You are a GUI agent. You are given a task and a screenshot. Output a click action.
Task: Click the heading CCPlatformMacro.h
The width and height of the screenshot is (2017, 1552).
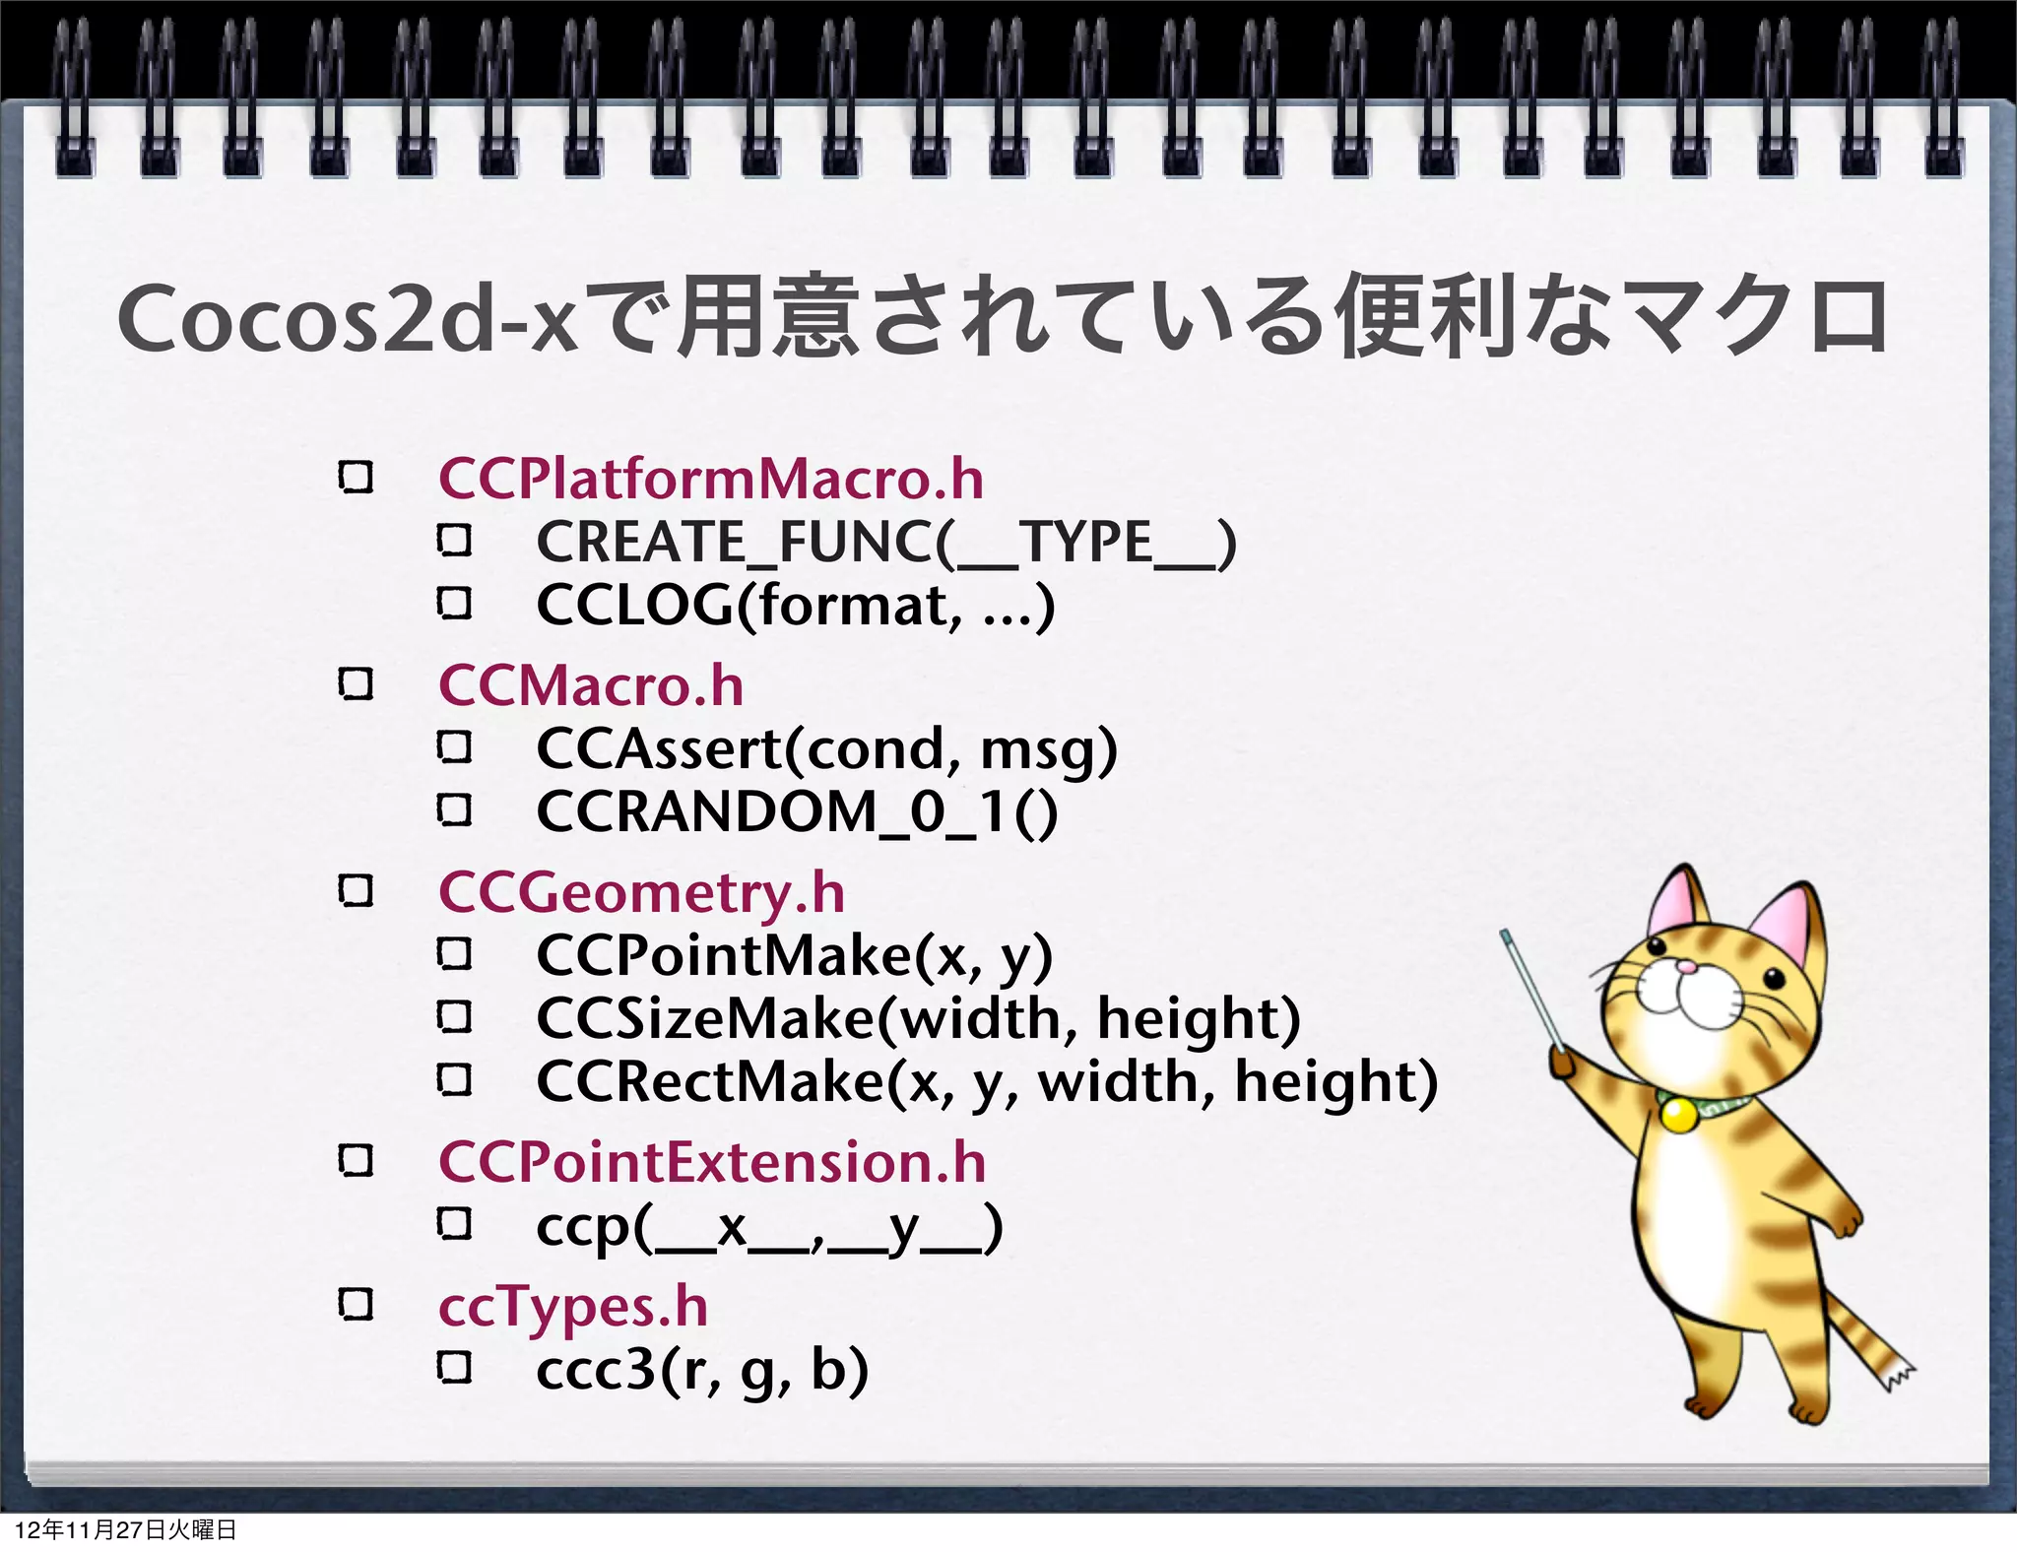click(x=710, y=479)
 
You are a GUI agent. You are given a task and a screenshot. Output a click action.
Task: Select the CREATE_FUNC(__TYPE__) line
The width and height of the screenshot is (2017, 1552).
click(x=885, y=543)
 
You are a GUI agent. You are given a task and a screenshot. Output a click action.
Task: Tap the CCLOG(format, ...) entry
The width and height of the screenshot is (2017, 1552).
click(x=795, y=605)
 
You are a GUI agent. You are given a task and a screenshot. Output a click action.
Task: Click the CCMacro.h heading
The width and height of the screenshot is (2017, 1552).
click(x=591, y=685)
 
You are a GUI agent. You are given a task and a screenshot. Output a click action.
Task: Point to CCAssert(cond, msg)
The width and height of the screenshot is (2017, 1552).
click(x=826, y=749)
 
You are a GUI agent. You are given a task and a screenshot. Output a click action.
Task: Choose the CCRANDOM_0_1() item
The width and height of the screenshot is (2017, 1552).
click(x=797, y=812)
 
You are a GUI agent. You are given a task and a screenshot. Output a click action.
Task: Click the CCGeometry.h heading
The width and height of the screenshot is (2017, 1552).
click(x=641, y=893)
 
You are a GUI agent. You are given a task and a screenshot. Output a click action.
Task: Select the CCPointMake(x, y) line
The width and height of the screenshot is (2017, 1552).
click(x=794, y=956)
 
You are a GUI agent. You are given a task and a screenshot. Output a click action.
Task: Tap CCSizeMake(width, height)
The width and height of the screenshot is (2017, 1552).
click(x=918, y=1018)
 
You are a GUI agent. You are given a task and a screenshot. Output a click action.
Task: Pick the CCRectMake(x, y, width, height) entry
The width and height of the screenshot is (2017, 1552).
click(x=987, y=1081)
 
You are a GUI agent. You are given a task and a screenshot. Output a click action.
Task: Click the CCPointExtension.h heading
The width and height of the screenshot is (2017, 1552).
click(x=712, y=1162)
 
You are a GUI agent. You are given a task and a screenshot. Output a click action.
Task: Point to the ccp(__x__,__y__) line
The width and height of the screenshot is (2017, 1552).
click(x=769, y=1227)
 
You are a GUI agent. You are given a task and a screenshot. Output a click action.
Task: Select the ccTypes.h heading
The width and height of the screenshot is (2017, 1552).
click(x=573, y=1307)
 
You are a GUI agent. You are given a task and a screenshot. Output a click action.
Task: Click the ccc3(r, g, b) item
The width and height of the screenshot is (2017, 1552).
click(x=702, y=1370)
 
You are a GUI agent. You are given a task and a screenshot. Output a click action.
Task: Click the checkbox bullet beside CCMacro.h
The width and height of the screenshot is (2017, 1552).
click(x=356, y=683)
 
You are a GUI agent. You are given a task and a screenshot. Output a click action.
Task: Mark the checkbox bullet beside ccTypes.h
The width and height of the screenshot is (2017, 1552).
click(x=356, y=1305)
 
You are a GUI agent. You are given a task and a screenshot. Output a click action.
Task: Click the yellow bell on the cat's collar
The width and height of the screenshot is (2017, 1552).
click(x=1677, y=1115)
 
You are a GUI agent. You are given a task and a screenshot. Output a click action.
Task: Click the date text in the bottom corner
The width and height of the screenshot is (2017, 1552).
click(x=126, y=1529)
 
